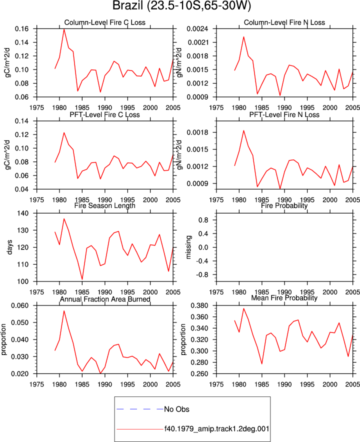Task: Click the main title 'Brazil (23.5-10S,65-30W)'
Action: click(x=181, y=5)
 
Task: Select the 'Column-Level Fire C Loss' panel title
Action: click(x=105, y=22)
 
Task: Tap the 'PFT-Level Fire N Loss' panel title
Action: click(x=284, y=114)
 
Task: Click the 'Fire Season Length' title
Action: click(x=105, y=206)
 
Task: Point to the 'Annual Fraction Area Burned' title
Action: click(x=105, y=299)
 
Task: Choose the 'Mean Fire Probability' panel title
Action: click(x=284, y=298)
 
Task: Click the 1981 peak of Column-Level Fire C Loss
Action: click(x=64, y=29)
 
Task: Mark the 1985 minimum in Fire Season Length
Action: click(x=82, y=279)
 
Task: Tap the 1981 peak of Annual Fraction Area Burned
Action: click(x=64, y=311)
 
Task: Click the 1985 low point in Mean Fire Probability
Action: click(x=262, y=363)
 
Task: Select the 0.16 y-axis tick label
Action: click(x=21, y=29)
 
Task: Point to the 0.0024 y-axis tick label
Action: click(x=197, y=29)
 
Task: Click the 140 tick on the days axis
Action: click(x=23, y=213)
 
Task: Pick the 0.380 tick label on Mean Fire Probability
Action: click(x=199, y=305)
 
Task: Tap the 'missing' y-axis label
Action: click(x=188, y=247)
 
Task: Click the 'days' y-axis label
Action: click(x=10, y=247)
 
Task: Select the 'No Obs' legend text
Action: click(x=177, y=409)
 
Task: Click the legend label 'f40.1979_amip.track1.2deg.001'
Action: click(x=217, y=429)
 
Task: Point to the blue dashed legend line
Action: click(x=140, y=409)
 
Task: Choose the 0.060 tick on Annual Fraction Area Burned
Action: click(x=20, y=305)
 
